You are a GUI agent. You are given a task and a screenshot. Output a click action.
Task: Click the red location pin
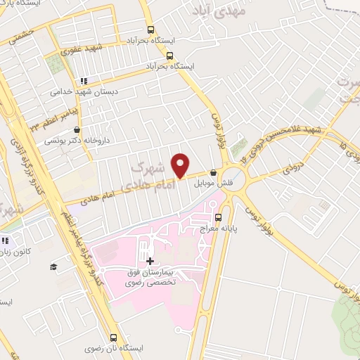(181, 165)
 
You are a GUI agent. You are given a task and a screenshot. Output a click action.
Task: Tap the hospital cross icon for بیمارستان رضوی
(150, 261)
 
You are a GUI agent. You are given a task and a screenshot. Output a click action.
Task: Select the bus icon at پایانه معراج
(218, 217)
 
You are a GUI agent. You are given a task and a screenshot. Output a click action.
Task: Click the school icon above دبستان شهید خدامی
(84, 80)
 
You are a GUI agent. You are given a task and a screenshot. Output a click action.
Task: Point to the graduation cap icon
(53, 266)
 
